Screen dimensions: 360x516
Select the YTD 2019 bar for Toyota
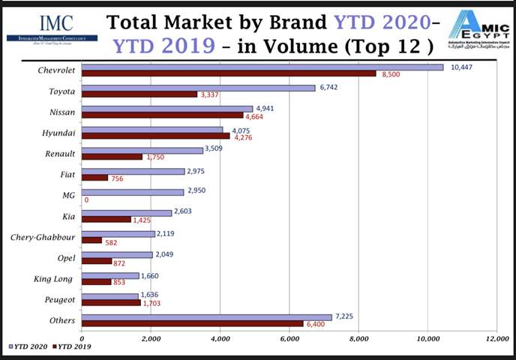(139, 94)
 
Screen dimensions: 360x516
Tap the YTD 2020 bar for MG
(133, 192)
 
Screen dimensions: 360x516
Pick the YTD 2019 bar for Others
(193, 323)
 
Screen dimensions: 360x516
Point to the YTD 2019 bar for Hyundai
(155, 136)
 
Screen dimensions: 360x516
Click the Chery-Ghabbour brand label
(41, 238)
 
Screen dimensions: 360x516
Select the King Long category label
(54, 279)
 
